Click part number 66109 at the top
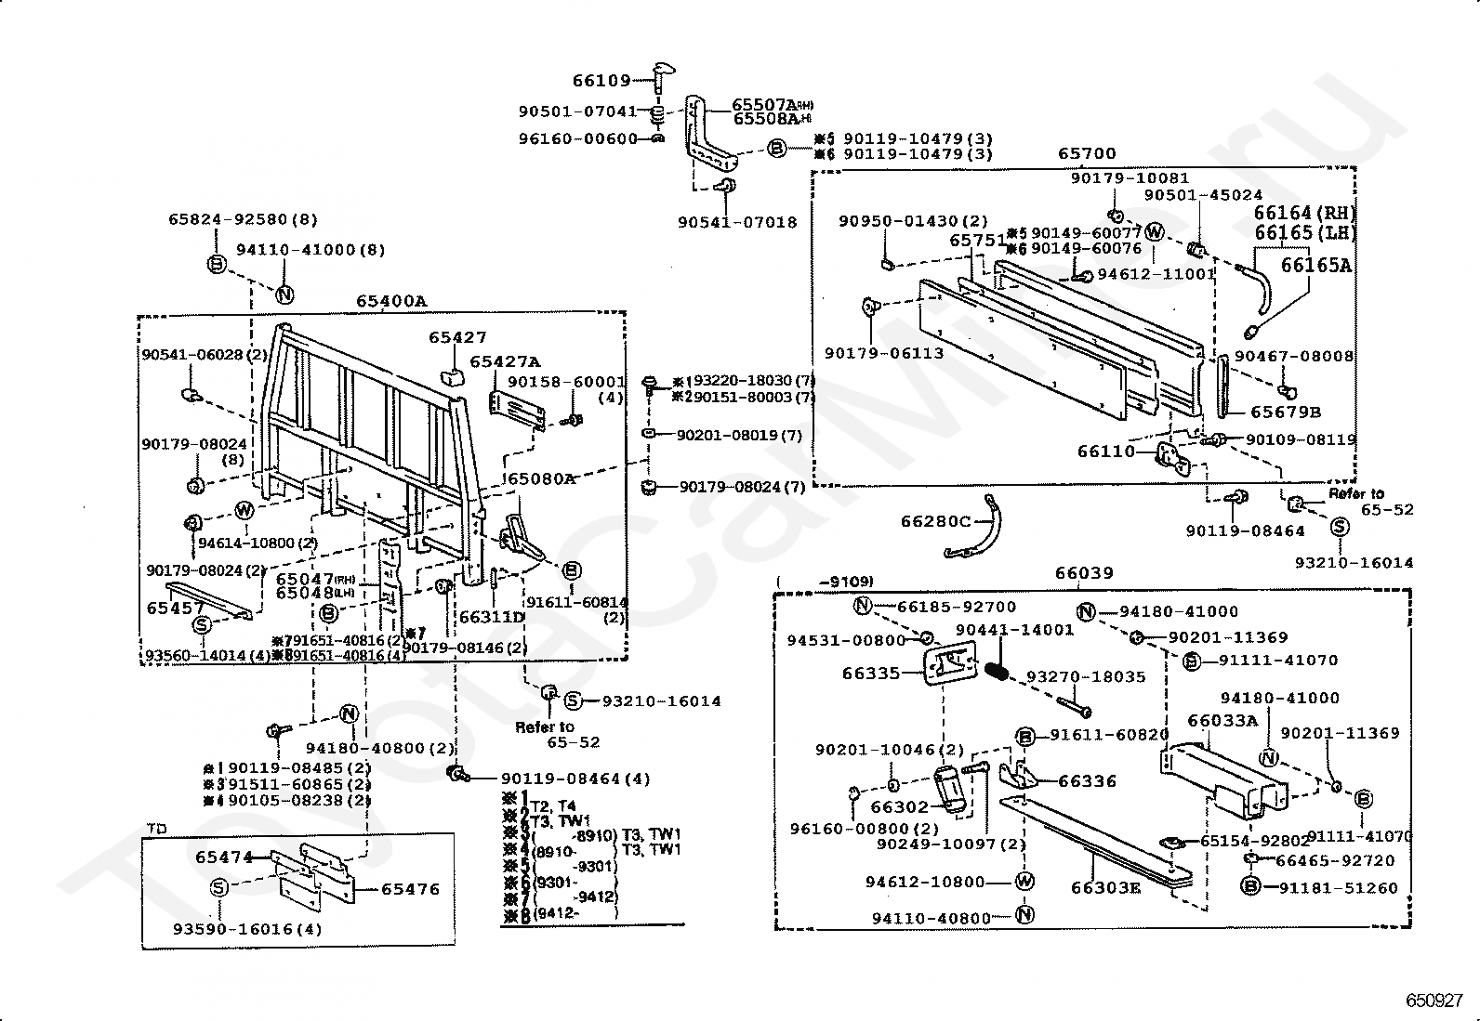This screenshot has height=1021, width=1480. point(601,81)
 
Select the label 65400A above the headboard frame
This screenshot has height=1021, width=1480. point(390,301)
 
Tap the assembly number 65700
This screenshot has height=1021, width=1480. point(1087,153)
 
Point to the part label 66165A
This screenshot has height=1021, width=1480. point(1316,266)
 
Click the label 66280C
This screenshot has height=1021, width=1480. point(935,521)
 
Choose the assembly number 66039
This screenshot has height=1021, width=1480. point(1084,574)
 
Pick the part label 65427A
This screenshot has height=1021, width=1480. point(505,361)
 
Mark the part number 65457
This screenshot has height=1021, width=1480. point(176,609)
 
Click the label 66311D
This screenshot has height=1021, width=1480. point(492,616)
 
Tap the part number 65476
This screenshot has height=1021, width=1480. point(410,889)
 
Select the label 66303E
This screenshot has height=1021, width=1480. point(1105,887)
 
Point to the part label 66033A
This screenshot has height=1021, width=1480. point(1222,720)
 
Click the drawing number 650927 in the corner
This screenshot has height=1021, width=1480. point(1434,1001)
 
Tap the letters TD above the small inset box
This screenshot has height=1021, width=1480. point(156,828)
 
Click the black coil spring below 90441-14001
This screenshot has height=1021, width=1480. point(998,669)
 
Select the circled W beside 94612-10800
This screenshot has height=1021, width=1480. point(1024,882)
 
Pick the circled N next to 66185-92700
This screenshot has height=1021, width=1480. point(863,607)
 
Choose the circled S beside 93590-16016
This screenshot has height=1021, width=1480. point(219,887)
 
